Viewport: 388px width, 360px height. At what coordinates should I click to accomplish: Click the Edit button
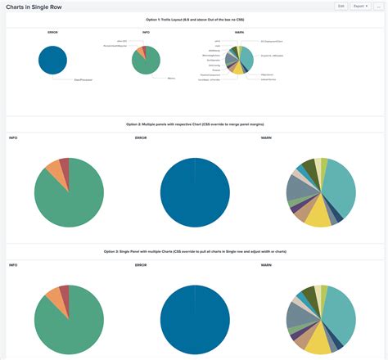341,6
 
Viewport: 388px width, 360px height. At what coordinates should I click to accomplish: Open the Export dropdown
360,6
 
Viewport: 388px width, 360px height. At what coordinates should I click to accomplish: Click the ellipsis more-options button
378,6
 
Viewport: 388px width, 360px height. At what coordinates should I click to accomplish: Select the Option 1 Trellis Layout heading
194,17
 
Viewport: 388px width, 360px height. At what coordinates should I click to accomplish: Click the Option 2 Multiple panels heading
194,124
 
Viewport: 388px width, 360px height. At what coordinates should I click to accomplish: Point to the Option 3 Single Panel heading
194,252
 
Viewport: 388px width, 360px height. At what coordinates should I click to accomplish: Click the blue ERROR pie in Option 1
53,60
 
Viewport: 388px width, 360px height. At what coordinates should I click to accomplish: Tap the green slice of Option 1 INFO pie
146,63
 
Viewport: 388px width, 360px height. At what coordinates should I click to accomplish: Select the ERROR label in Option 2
140,138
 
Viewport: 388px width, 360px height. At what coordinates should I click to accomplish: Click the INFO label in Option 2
13,138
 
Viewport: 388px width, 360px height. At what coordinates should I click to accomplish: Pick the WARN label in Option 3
266,265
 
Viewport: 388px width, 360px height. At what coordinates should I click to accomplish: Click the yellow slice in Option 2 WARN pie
317,214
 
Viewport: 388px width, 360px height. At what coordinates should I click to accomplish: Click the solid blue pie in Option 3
195,320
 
